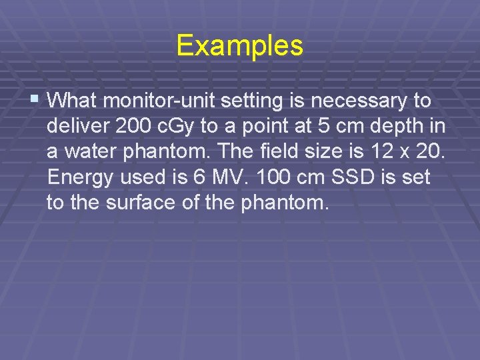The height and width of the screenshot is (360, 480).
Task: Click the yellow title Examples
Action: [240, 46]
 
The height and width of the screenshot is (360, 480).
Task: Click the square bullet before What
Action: [35, 100]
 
